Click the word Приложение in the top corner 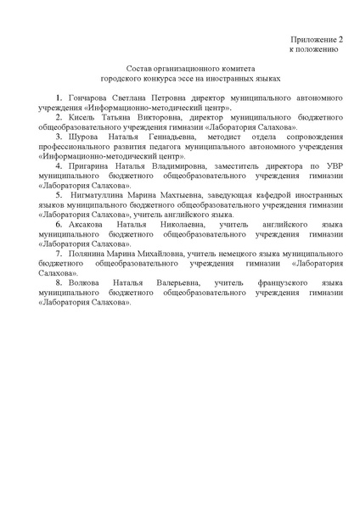[x=312, y=39]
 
